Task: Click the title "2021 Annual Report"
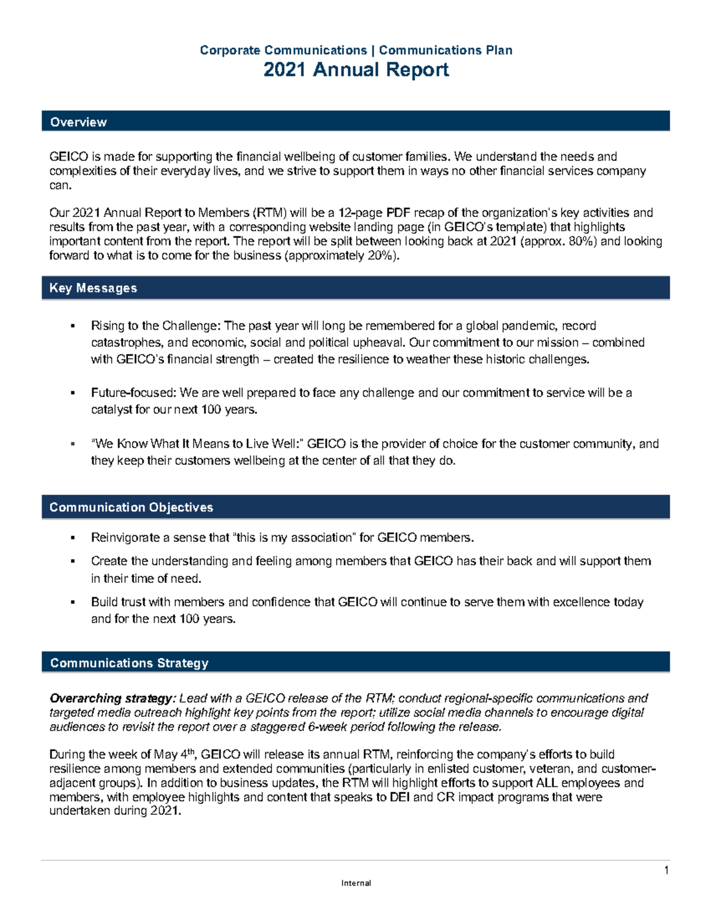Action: point(355,70)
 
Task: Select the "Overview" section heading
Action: point(78,122)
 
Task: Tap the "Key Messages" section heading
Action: point(93,288)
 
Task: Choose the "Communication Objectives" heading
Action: point(131,508)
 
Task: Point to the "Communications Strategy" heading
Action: point(129,663)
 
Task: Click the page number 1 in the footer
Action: point(666,871)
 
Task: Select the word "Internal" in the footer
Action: point(356,883)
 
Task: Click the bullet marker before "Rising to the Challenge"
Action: point(73,326)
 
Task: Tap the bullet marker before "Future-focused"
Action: point(73,393)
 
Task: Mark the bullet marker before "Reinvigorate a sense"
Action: point(73,538)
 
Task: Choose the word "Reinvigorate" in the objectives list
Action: point(125,538)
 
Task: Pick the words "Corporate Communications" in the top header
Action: point(283,50)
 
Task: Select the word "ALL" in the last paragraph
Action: point(546,783)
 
